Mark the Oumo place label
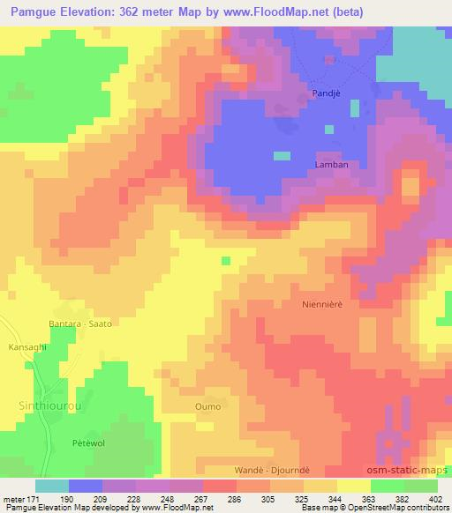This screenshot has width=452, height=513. tap(207, 405)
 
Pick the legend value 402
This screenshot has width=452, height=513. tap(435, 499)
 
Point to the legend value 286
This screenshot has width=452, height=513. tap(233, 499)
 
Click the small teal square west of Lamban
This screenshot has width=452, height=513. tap(282, 156)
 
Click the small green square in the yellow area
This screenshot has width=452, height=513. tap(226, 260)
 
